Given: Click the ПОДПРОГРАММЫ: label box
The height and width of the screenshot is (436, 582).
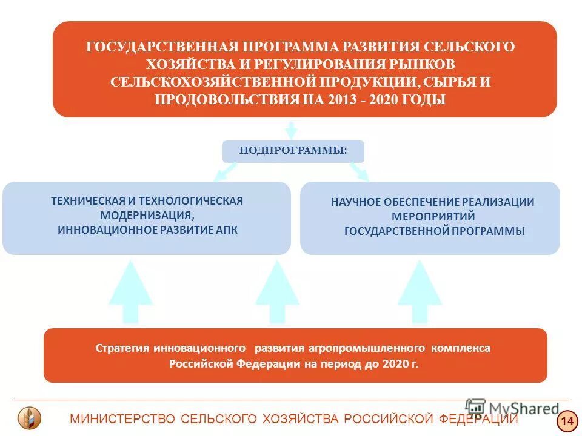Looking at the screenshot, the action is point(293,151).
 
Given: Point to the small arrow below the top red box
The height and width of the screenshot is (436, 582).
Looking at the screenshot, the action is point(291,130).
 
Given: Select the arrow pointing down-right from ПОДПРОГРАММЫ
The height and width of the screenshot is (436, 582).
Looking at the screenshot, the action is point(360,171).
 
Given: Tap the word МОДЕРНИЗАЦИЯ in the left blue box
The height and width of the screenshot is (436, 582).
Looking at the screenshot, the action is point(146,215).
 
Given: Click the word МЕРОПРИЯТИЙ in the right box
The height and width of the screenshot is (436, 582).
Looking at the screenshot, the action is point(433,216).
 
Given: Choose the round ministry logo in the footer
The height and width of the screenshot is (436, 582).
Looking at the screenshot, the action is point(29,418).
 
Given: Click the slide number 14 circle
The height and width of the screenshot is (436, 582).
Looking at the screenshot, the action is point(567,420).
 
